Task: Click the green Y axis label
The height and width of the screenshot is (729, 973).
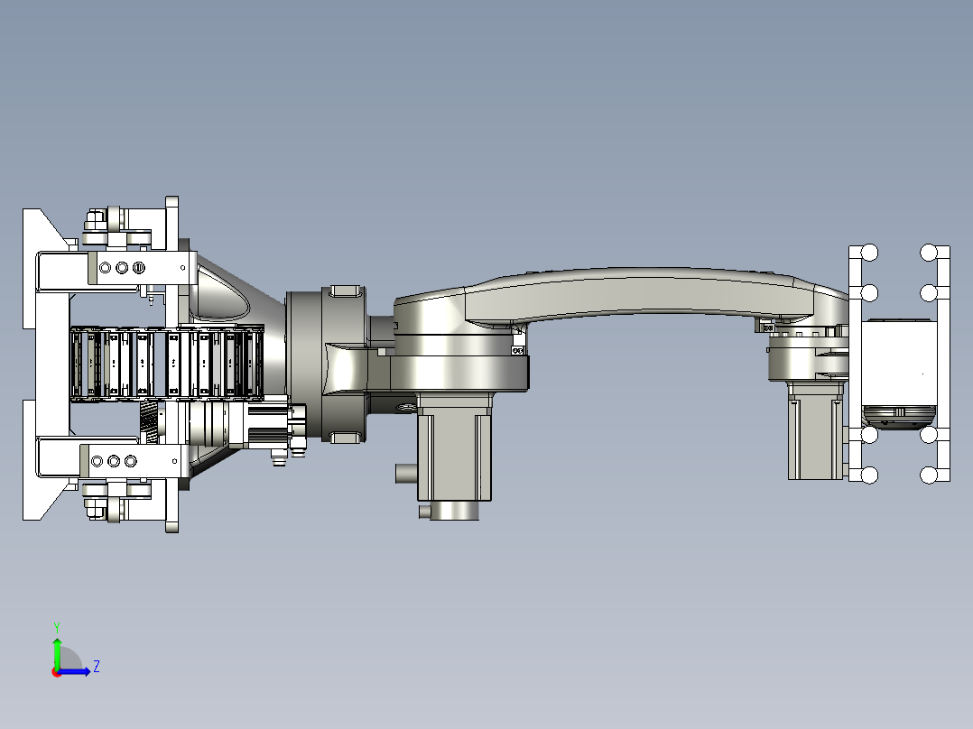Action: [57, 627]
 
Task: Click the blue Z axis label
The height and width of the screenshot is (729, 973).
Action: [97, 667]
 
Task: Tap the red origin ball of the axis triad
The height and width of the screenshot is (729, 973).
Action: [57, 672]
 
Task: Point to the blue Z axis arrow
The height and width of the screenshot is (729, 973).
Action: [74, 671]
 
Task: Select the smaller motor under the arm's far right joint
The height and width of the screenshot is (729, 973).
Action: [816, 431]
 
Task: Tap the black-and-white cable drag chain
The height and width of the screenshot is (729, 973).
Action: [166, 363]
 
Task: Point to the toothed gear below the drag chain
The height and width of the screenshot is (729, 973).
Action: [149, 422]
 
